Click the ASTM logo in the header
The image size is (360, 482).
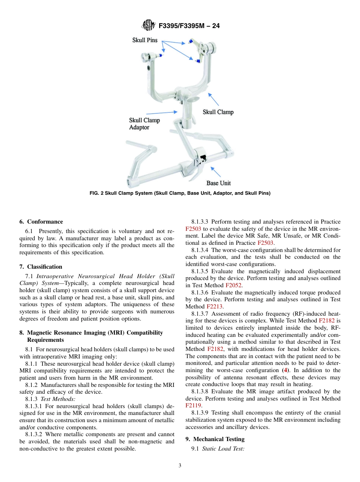tap(148, 26)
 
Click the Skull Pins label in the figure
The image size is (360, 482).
tap(145, 41)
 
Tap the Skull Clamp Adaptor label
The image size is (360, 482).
tap(144, 124)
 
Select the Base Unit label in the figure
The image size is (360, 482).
tap(218, 183)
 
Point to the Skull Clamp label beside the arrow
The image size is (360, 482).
tap(218, 112)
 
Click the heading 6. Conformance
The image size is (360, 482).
tap(41, 222)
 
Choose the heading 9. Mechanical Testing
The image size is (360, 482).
tap(215, 439)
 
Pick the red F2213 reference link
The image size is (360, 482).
tap(214, 307)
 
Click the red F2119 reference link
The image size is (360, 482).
tap(193, 405)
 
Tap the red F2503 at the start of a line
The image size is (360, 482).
tap(193, 229)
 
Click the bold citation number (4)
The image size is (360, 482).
tap(286, 370)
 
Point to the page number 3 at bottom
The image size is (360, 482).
tap(180, 466)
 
